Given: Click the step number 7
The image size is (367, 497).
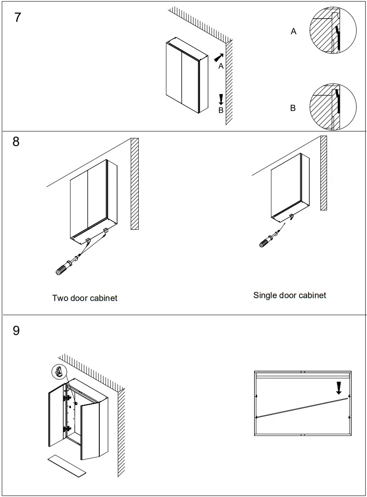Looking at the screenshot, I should [17, 18].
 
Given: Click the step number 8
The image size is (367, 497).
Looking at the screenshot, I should [16, 142].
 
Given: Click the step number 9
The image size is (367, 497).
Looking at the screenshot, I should [16, 330].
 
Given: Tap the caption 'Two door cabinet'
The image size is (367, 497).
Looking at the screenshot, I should [84, 298].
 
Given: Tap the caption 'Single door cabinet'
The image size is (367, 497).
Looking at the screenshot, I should [290, 295].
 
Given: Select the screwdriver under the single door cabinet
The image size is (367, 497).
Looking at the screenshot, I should [267, 240].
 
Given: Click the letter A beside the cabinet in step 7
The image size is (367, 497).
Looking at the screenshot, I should [221, 67].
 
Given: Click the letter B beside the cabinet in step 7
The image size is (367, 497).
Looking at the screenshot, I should [221, 111].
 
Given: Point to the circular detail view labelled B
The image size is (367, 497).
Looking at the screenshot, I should [333, 106].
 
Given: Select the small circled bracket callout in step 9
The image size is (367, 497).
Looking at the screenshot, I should [59, 372].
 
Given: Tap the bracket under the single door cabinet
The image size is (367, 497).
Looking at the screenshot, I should [292, 217].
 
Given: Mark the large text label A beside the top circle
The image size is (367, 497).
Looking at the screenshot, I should [293, 31].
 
